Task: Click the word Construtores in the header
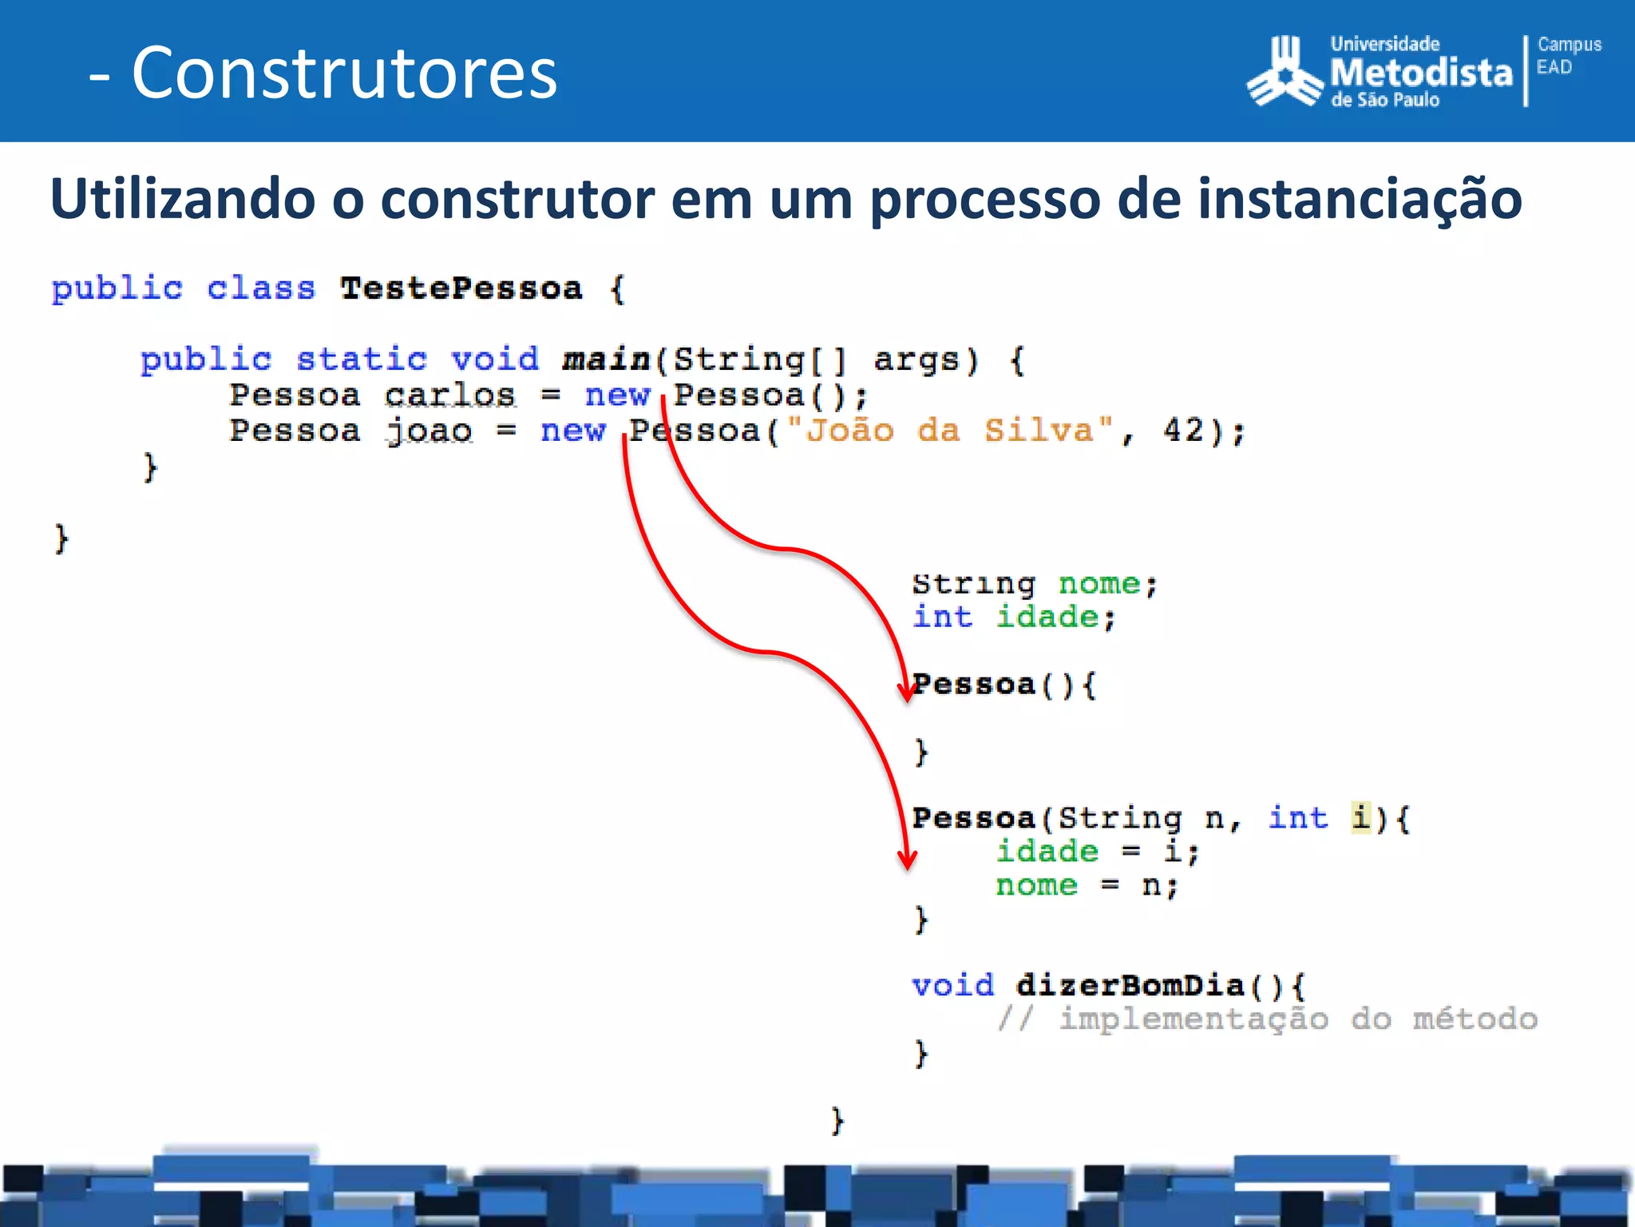[344, 73]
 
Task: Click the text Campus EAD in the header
[1568, 56]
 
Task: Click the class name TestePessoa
[461, 288]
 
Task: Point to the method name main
[607, 359]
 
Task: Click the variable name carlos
[449, 395]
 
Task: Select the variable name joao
[429, 431]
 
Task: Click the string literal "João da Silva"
[949, 431]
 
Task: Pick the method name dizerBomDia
[1130, 985]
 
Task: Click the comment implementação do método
[1297, 1019]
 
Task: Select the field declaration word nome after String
[1099, 584]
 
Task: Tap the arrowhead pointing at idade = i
[907, 860]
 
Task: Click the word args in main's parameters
[916, 359]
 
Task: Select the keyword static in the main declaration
[362, 359]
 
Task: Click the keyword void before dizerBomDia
[952, 985]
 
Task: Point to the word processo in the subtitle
[984, 200]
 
